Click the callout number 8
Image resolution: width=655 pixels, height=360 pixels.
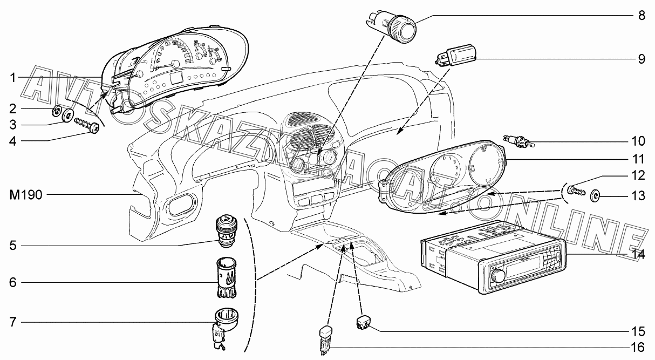pyautogui.click(x=641, y=15)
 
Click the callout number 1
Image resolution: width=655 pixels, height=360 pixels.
pyautogui.click(x=12, y=78)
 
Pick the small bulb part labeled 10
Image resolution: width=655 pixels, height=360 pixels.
pyautogui.click(x=518, y=142)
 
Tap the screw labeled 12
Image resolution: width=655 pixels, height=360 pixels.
pyautogui.click(x=577, y=191)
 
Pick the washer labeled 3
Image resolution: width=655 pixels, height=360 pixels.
pyautogui.click(x=69, y=115)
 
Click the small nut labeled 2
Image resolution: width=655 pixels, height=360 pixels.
pyautogui.click(x=57, y=113)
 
